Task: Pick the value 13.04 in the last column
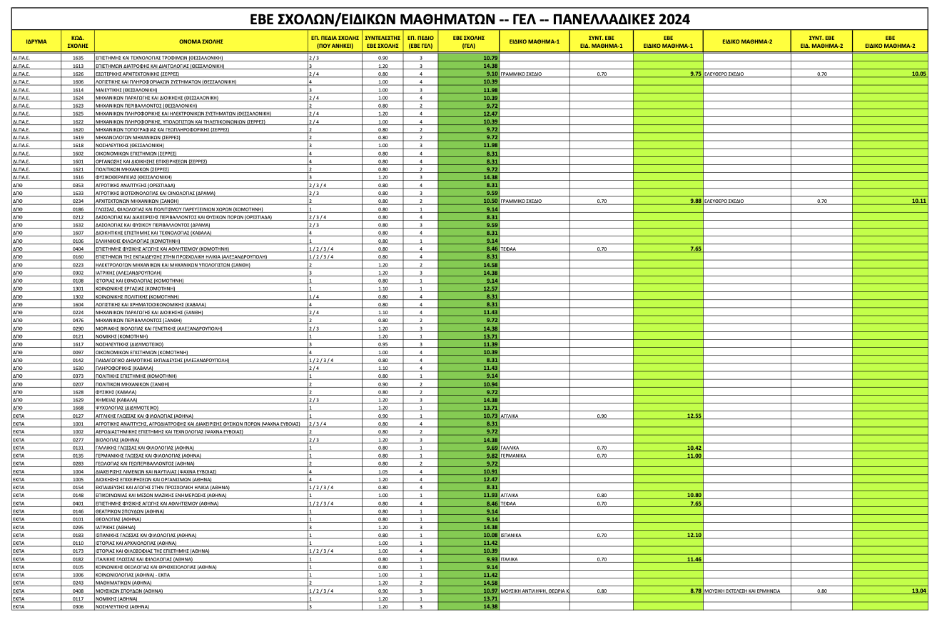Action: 918,591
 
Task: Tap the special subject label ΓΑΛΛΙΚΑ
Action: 510,448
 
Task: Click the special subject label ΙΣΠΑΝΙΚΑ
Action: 511,535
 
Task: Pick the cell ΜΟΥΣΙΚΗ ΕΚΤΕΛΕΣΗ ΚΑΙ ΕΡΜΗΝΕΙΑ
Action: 742,591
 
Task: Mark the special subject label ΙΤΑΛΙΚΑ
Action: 509,559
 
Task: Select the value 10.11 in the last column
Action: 918,201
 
